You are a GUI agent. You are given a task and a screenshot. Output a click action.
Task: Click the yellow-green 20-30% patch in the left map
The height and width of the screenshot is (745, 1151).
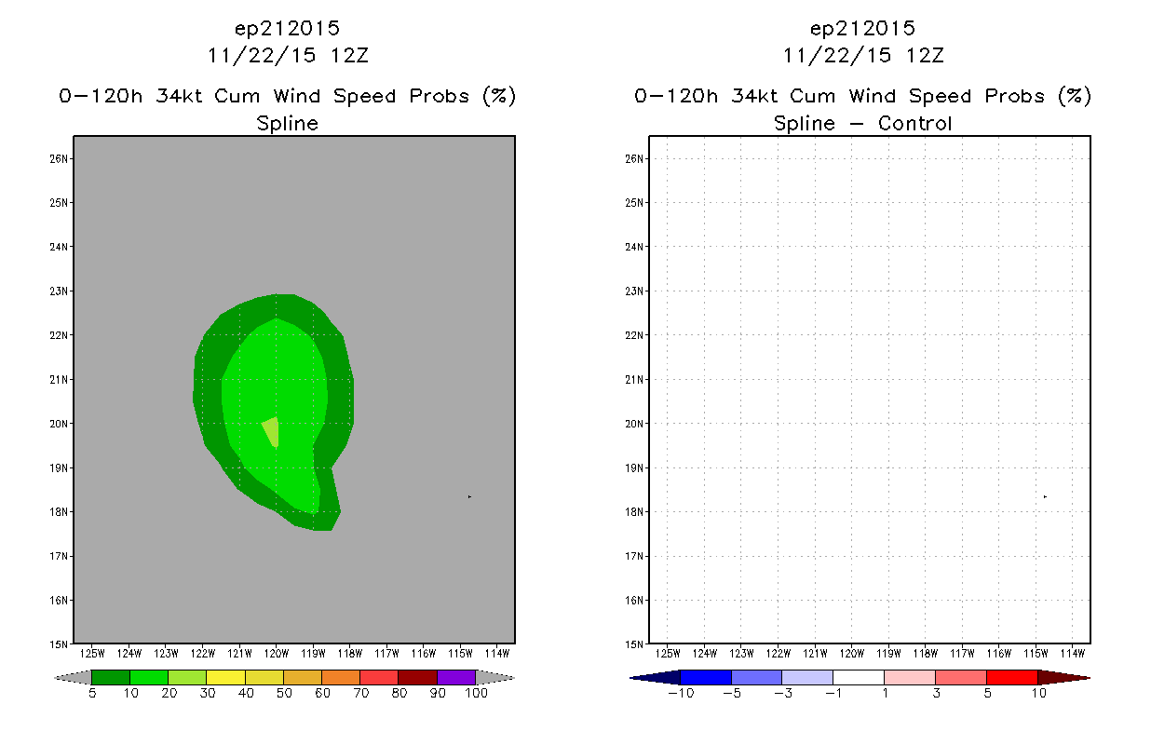tap(272, 430)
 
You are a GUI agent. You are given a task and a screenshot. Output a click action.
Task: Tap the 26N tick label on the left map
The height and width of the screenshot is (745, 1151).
tap(59, 158)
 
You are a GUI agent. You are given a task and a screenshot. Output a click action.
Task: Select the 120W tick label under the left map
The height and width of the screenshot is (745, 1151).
tap(276, 654)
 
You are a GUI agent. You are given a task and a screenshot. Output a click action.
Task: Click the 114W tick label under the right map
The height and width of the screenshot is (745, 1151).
tap(1073, 654)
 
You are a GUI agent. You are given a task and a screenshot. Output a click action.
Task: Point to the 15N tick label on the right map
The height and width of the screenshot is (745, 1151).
tap(634, 644)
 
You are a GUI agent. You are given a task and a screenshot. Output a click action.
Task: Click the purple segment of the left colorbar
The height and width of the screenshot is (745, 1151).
tap(456, 677)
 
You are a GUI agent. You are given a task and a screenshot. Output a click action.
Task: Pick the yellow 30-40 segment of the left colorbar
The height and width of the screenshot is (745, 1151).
tap(225, 677)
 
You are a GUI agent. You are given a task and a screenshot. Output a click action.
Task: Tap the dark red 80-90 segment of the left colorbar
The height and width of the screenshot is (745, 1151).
tap(418, 677)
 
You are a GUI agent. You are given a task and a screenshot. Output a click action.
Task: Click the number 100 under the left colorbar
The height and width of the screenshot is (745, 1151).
tap(476, 693)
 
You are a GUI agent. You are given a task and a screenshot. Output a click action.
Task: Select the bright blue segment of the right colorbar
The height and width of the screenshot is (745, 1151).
tap(706, 677)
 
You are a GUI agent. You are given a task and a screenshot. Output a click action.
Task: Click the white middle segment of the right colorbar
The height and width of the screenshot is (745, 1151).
tap(859, 677)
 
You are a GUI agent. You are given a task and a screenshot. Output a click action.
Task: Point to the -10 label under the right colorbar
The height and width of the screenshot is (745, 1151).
tap(681, 693)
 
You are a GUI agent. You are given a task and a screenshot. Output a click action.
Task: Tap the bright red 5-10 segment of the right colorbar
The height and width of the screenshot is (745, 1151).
tap(1011, 677)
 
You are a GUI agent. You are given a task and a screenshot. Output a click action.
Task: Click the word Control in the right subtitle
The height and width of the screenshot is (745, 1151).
tap(914, 123)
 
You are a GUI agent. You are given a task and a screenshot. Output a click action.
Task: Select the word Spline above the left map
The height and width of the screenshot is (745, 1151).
tap(287, 124)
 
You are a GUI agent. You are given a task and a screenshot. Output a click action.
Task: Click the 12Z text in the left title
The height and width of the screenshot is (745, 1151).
tap(349, 55)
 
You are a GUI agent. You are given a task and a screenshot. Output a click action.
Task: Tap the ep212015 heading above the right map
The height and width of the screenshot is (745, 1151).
tap(862, 29)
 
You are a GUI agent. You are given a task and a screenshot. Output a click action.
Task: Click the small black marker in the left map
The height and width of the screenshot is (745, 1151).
tap(469, 497)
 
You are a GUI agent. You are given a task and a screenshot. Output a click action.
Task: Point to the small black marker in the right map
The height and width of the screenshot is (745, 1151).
tap(1045, 497)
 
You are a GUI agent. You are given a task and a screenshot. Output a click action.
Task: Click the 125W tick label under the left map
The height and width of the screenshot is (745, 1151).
tap(92, 654)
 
